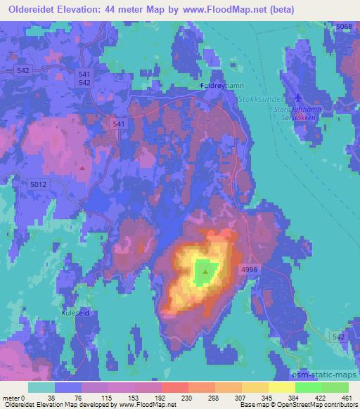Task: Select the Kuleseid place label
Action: [x=75, y=313]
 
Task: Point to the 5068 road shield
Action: [x=344, y=26]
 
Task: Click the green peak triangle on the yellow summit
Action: [x=205, y=270]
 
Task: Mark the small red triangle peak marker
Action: [x=83, y=167]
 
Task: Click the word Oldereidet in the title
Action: [x=34, y=10]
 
